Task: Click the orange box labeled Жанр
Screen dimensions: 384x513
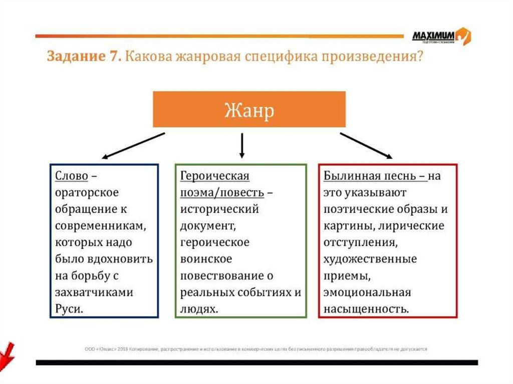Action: coord(249,109)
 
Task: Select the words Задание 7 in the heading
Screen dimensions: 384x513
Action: coord(83,57)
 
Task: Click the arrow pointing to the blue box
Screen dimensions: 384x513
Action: coord(134,145)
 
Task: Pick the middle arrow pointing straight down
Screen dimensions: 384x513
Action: coord(242,146)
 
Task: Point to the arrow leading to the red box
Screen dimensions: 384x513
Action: coord(366,146)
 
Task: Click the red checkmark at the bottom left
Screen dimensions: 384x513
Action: coord(7,352)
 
